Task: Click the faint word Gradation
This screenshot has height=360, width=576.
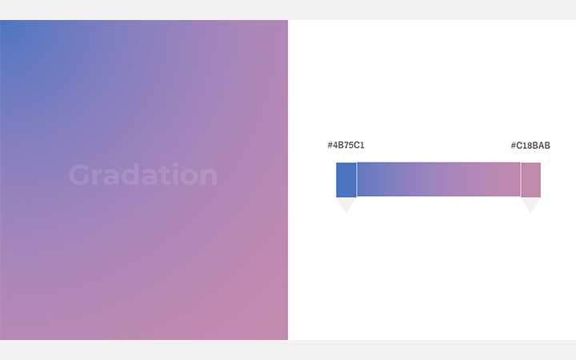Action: click(x=142, y=175)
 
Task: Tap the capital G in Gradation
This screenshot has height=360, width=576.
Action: click(x=79, y=175)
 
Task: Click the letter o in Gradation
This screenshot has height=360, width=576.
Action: click(x=187, y=177)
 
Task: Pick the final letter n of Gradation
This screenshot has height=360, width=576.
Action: click(x=207, y=177)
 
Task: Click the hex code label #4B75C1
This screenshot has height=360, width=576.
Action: click(x=346, y=146)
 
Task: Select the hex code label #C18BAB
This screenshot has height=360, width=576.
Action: click(x=530, y=146)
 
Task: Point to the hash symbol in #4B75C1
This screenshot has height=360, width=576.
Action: click(x=330, y=146)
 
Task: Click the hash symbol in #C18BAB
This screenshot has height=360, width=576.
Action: click(x=514, y=146)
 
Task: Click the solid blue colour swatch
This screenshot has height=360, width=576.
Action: click(x=346, y=180)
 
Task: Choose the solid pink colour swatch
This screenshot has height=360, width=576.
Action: click(x=530, y=180)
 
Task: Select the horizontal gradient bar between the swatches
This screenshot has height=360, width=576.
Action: click(x=438, y=180)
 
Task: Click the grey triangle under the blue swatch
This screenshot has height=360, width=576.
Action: click(x=346, y=205)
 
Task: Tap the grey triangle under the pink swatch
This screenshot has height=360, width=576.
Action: click(x=530, y=205)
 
